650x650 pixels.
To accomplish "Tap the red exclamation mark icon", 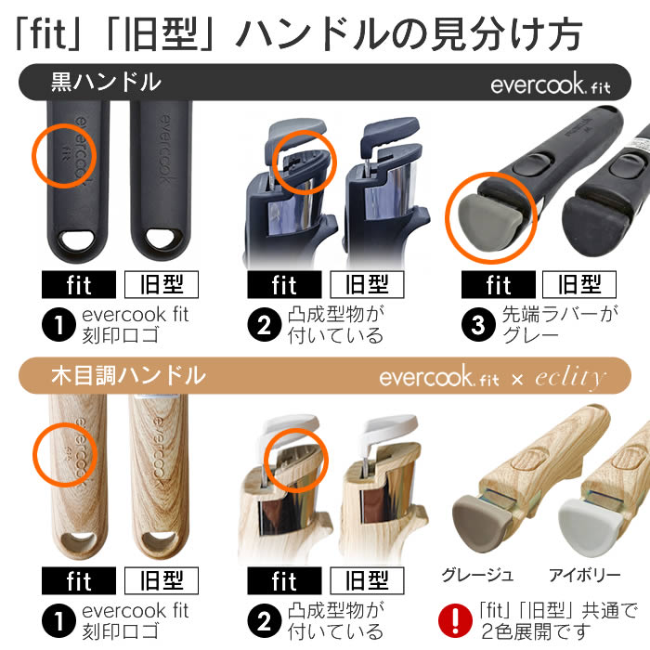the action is (x=455, y=620).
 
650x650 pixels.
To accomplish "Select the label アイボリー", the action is (x=584, y=576).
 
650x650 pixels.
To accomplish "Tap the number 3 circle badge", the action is (x=478, y=325).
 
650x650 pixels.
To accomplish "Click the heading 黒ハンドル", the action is (x=106, y=82).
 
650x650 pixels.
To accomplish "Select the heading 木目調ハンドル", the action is (x=128, y=375).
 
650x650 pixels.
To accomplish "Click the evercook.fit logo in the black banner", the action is (x=551, y=84).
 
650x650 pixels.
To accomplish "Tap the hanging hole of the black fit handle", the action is (x=77, y=240).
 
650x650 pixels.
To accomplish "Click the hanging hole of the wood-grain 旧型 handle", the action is (x=159, y=539).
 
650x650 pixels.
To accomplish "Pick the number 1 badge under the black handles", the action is (x=58, y=325).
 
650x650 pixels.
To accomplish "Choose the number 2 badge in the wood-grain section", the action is (x=264, y=620).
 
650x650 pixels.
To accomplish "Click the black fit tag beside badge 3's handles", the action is (x=499, y=284).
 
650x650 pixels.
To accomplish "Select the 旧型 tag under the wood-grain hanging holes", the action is (x=162, y=580).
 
